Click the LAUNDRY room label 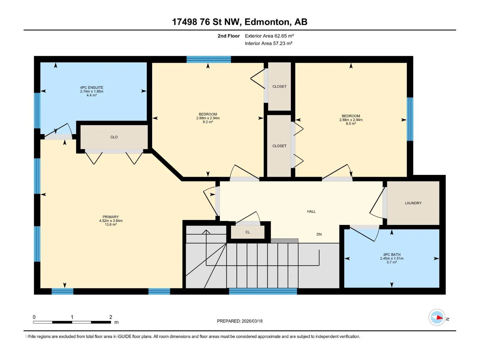[413, 203]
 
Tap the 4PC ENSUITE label [91, 88]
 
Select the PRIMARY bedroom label [111, 217]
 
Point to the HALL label [311, 211]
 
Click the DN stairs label [319, 234]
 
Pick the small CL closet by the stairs [247, 232]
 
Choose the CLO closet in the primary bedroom [114, 137]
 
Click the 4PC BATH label [392, 255]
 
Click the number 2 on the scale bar [111, 317]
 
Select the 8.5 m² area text [351, 124]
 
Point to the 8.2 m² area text [208, 122]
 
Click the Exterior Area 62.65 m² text [269, 36]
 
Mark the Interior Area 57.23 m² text [268, 43]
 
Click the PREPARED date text [240, 321]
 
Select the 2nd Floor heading [229, 36]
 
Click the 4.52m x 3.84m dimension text [111, 221]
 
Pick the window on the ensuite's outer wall [37, 111]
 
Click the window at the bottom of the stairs [263, 291]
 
